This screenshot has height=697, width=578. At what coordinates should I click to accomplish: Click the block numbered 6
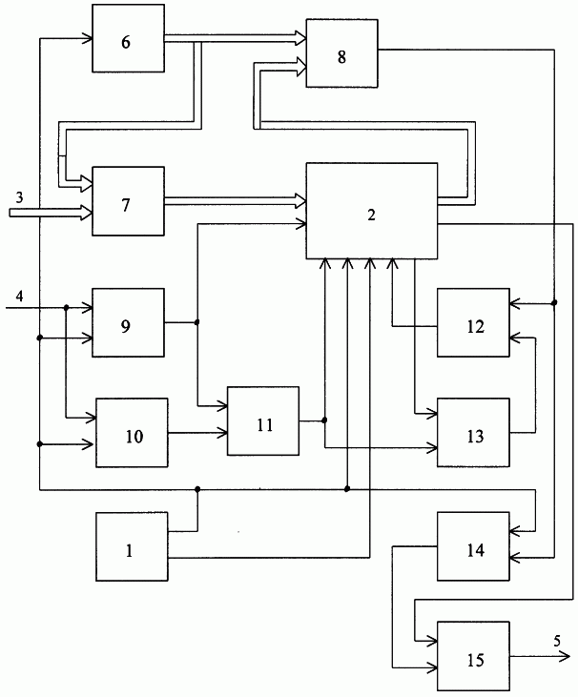coord(128,38)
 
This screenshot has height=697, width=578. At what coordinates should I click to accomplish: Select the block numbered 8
coord(341,53)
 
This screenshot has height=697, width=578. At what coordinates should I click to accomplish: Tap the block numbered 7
coord(128,201)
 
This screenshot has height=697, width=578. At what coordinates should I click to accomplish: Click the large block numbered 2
coord(372,211)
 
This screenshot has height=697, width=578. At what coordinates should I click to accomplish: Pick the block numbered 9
coord(128,322)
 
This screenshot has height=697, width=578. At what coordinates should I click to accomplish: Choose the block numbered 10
coord(132,433)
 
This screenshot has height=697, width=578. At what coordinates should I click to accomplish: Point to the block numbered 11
coord(263,420)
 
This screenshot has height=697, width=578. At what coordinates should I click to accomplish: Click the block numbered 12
coord(473,322)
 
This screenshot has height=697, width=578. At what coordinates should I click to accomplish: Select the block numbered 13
coord(473,433)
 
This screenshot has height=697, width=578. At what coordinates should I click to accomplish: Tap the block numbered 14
coord(473,546)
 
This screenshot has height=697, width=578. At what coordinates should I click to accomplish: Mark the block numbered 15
coord(473,656)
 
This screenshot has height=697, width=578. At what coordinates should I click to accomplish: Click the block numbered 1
coord(132,546)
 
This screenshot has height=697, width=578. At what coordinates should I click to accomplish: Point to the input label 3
coord(19,197)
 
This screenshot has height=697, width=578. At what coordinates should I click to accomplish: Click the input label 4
coord(20,296)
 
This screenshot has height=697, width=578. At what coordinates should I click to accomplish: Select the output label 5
coord(557,641)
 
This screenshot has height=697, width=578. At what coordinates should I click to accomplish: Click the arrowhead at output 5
coord(565,656)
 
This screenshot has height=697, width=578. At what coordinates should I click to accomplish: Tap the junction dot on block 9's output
coord(197,322)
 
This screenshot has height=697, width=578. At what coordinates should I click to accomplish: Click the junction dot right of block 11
coord(324,420)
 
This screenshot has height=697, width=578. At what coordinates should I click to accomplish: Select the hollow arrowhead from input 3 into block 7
coord(86,213)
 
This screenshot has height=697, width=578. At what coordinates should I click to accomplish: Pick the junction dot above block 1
coord(197,489)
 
